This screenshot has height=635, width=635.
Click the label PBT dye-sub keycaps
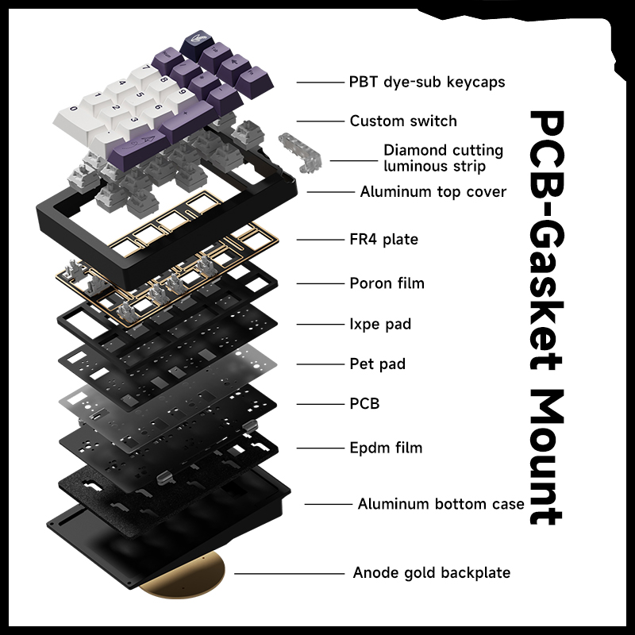[x=427, y=83]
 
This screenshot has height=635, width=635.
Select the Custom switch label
[x=403, y=121]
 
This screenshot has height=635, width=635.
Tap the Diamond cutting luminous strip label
[x=444, y=158]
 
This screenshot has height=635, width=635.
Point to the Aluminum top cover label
[x=433, y=191]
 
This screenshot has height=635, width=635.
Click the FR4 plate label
[x=384, y=240]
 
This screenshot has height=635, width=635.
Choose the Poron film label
[x=387, y=283]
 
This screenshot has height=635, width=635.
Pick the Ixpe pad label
[x=380, y=324]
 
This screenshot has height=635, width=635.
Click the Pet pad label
[x=378, y=364]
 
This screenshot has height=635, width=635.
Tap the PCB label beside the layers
[x=364, y=404]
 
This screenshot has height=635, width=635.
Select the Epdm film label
[x=386, y=448]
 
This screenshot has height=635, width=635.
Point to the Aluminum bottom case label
[x=441, y=504]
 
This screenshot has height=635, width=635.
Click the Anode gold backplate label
[x=432, y=573]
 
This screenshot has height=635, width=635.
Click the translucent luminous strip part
[x=300, y=153]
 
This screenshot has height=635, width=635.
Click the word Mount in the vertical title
[x=546, y=457]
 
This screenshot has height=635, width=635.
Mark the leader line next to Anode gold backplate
[x=289, y=574]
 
